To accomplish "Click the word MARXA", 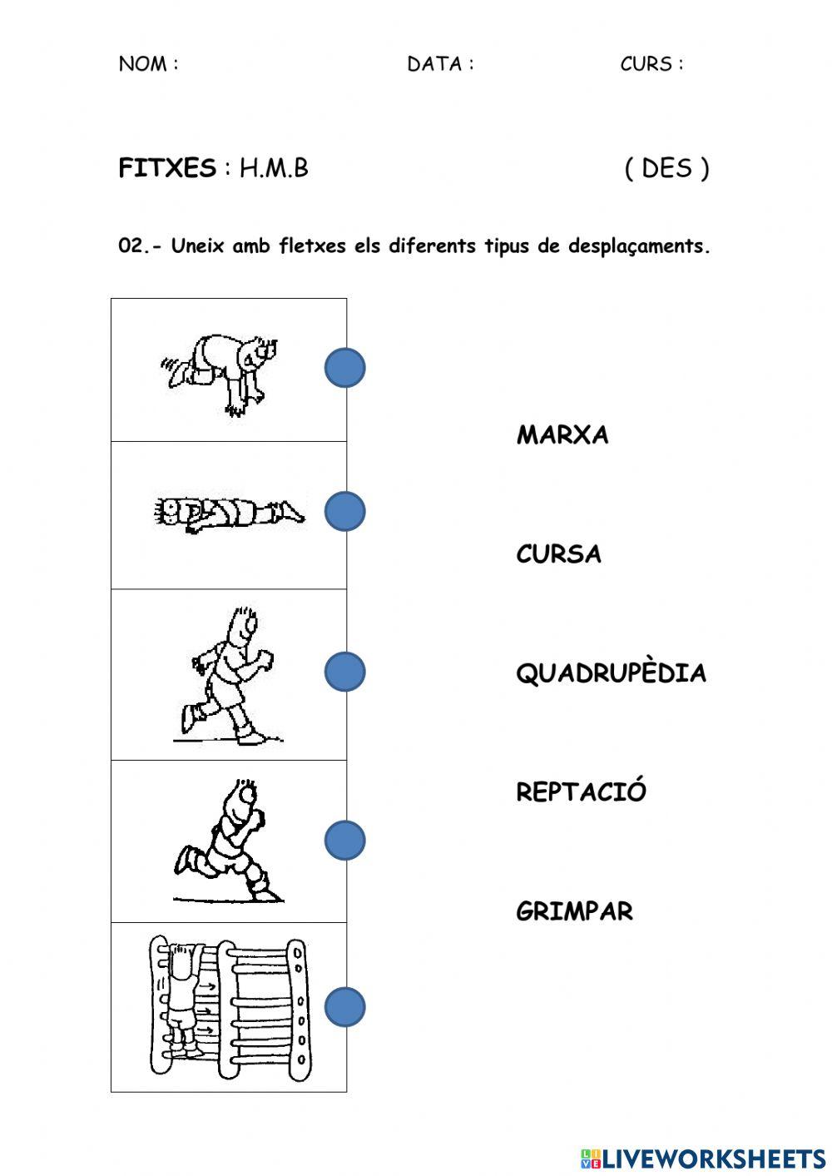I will (562, 434).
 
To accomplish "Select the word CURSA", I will (558, 554).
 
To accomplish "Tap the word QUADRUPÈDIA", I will (611, 672).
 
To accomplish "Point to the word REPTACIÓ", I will (581, 791).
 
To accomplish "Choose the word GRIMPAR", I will (574, 911).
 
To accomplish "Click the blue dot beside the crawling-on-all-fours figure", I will (344, 368).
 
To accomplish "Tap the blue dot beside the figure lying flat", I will (344, 511).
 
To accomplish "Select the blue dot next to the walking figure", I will (344, 672).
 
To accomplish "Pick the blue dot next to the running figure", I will (344, 841).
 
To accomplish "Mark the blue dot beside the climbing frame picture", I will (344, 1007).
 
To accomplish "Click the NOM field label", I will (148, 64).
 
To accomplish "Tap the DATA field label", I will (439, 64).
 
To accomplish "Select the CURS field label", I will (651, 64).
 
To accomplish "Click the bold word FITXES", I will (167, 168).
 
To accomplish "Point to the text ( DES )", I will (666, 168).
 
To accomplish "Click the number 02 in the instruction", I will (131, 246).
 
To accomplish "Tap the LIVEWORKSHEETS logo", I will (703, 1158).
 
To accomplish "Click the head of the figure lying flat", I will (170, 510).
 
